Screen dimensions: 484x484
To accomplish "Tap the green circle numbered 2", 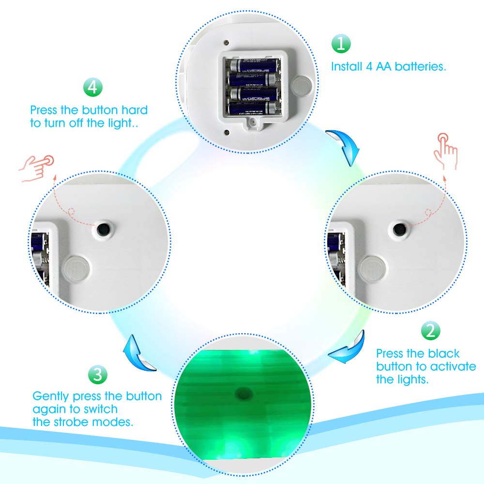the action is point(431,331).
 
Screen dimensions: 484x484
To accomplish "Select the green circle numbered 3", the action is point(98,375).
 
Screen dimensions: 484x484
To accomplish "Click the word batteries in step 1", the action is point(421,66).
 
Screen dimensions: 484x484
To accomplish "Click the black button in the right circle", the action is point(399,229).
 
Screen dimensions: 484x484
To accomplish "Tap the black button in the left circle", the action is point(103,229).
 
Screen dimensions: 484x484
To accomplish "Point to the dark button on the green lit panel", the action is point(244,393).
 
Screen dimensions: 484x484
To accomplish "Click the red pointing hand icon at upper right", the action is point(445,151).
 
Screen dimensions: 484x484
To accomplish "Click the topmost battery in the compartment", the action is point(253,65).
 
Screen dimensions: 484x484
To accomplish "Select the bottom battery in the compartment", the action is point(254,108).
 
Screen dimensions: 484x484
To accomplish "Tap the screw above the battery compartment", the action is point(226,42).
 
